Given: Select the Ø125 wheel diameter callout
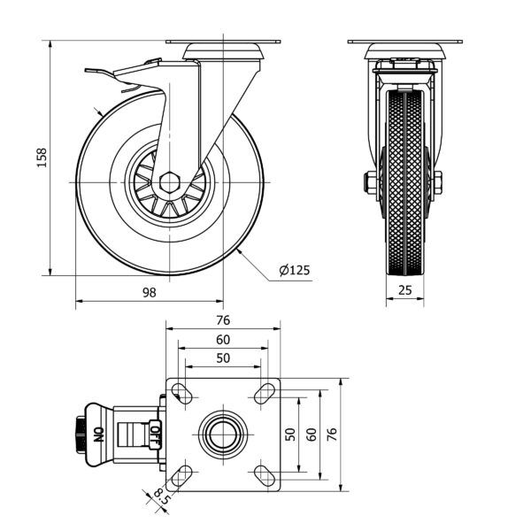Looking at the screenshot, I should pos(293,271).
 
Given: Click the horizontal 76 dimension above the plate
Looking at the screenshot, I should pos(222,320).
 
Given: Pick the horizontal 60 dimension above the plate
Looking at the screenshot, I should pos(222,340).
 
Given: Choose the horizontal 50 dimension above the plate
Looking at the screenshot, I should pos(222,358).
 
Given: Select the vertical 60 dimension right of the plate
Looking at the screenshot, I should pos(311,434).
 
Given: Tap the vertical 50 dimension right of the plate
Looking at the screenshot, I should pos(289,434).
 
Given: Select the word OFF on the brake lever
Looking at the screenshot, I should pos(154,434).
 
